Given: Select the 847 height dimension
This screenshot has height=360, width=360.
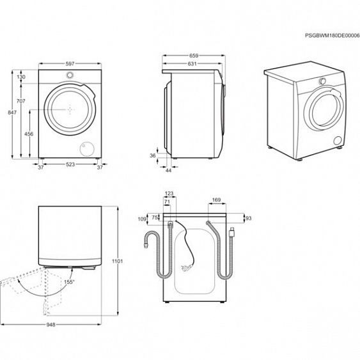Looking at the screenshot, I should [x=11, y=113].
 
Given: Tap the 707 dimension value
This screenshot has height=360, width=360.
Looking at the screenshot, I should [x=21, y=102].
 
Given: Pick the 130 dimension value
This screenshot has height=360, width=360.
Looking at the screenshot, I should [x=21, y=77].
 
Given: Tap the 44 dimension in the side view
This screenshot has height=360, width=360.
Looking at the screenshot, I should [x=168, y=170].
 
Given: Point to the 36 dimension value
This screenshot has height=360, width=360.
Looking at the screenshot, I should [x=152, y=155].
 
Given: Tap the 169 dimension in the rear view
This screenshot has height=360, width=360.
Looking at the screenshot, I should [x=216, y=201].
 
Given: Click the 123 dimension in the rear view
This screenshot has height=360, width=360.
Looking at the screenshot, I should [x=169, y=193].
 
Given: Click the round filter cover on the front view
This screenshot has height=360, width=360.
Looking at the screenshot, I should [x=84, y=148].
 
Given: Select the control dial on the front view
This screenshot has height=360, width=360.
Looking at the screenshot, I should [x=68, y=74].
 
